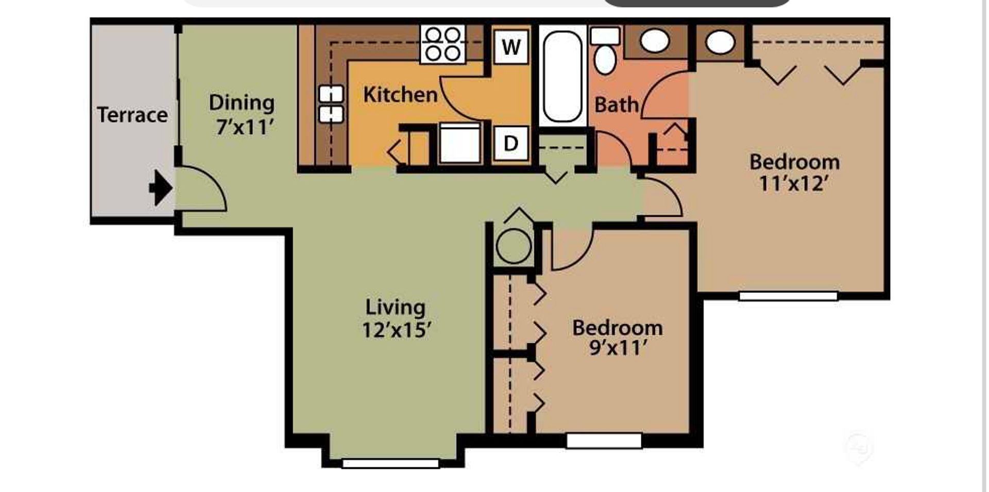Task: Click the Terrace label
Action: [132, 115]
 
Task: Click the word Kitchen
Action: [400, 95]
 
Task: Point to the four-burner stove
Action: [443, 44]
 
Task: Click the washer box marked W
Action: [511, 47]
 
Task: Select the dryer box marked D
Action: [510, 143]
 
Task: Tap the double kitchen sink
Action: [331, 104]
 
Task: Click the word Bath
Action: [617, 105]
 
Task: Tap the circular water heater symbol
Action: [514, 246]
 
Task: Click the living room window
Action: [391, 463]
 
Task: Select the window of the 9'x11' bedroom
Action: [604, 441]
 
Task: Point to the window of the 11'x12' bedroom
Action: [788, 296]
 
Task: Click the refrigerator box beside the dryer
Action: [460, 143]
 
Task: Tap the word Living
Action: [396, 308]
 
